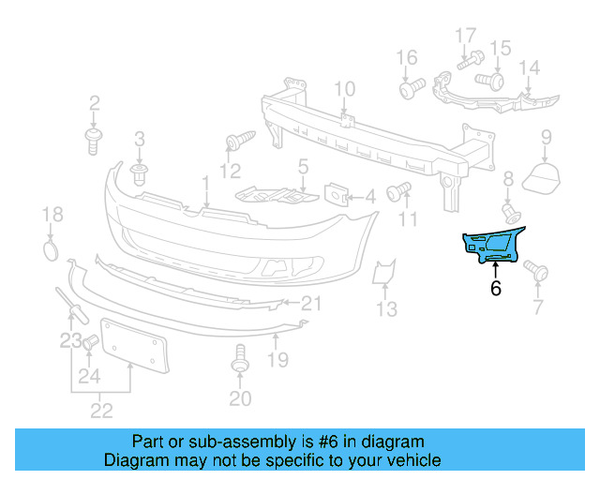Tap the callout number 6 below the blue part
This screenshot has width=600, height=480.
[495, 289]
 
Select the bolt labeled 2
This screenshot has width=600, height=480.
[94, 142]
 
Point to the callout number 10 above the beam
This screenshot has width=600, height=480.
[344, 90]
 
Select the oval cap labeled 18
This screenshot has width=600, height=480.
[52, 250]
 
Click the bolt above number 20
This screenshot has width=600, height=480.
[239, 359]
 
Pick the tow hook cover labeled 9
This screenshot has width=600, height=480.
[543, 175]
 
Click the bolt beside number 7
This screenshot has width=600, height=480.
[538, 271]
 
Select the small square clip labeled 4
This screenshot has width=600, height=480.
[336, 195]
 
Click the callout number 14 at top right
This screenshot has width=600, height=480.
[530, 67]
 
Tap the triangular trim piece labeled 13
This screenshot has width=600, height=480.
[383, 272]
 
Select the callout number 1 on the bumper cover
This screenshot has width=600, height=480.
[205, 180]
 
